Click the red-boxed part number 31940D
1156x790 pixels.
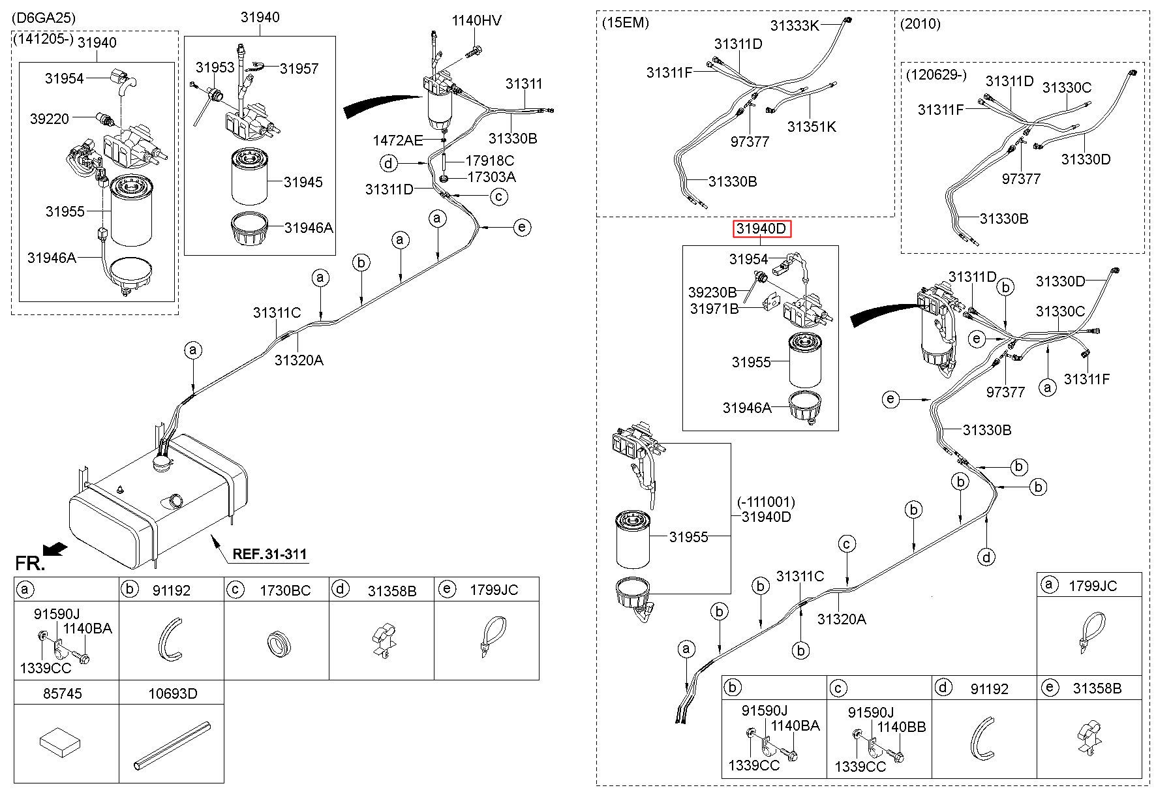pyautogui.click(x=761, y=229)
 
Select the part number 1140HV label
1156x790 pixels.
pyautogui.click(x=476, y=20)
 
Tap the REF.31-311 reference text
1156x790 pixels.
pyautogui.click(x=269, y=555)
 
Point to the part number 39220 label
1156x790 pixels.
pyautogui.click(x=49, y=119)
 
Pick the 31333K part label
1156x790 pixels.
pyautogui.click(x=794, y=25)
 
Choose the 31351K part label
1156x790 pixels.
pyautogui.click(x=811, y=127)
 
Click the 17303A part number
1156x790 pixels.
pyautogui.click(x=490, y=177)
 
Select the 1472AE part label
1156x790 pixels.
pyautogui.click(x=397, y=140)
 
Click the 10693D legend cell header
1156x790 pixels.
pyautogui.click(x=172, y=693)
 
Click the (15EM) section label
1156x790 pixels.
pyautogui.click(x=625, y=23)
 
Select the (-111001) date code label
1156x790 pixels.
pyautogui.click(x=766, y=502)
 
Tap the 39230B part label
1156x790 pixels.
pyautogui.click(x=712, y=292)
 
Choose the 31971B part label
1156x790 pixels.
pyautogui.click(x=714, y=309)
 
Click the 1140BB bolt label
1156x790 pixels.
pyautogui.click(x=902, y=726)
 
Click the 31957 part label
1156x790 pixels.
pyautogui.click(x=299, y=68)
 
